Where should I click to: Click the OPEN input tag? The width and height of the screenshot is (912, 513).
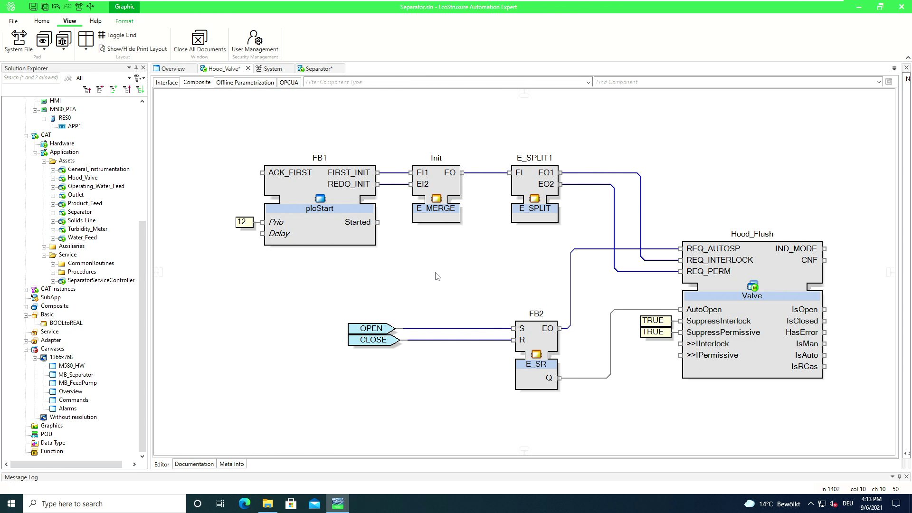click(x=371, y=328)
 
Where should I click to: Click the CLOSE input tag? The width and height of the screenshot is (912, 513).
click(x=373, y=340)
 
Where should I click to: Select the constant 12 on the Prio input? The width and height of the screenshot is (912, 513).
click(x=242, y=222)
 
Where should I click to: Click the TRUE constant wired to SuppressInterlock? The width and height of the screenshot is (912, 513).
click(x=653, y=321)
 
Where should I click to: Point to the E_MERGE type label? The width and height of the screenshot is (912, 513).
click(x=436, y=208)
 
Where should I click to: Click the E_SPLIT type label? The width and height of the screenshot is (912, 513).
click(x=534, y=208)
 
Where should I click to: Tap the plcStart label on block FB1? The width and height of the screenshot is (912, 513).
click(x=319, y=208)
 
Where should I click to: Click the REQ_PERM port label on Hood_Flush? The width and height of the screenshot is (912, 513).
click(x=708, y=271)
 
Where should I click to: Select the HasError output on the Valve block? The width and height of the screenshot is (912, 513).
click(x=801, y=332)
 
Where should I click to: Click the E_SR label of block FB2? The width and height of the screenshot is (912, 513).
click(x=536, y=364)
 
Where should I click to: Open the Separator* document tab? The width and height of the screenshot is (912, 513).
click(x=318, y=68)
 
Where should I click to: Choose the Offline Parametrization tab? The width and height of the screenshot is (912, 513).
click(x=245, y=82)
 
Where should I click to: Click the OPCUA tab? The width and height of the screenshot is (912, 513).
click(x=289, y=82)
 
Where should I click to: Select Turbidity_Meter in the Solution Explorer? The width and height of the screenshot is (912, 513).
click(x=87, y=229)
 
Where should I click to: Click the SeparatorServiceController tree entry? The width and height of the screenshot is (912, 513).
click(x=101, y=280)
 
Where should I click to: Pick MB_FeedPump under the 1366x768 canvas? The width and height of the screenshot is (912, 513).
click(x=77, y=383)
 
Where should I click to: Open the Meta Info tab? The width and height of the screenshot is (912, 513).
click(x=231, y=464)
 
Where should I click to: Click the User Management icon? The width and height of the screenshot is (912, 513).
click(x=255, y=38)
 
